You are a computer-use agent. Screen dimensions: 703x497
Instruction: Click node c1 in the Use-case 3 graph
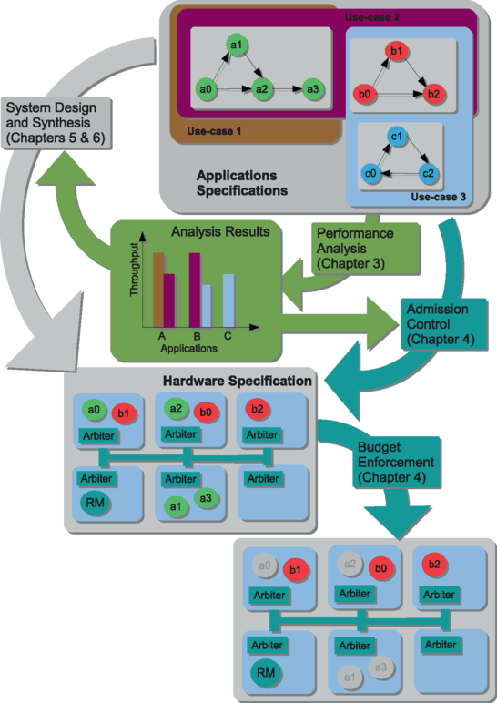[397, 138]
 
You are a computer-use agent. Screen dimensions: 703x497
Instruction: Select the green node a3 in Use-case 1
[313, 89]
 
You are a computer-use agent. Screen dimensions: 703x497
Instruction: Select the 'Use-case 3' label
[437, 196]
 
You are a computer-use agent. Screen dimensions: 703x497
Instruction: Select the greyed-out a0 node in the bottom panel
[265, 566]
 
